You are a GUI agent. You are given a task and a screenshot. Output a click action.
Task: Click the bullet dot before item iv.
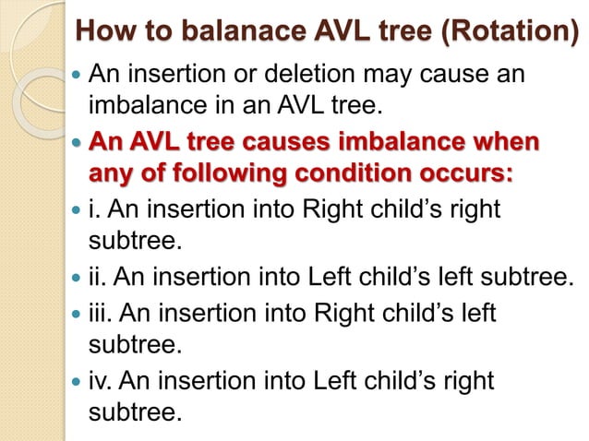click(76, 380)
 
